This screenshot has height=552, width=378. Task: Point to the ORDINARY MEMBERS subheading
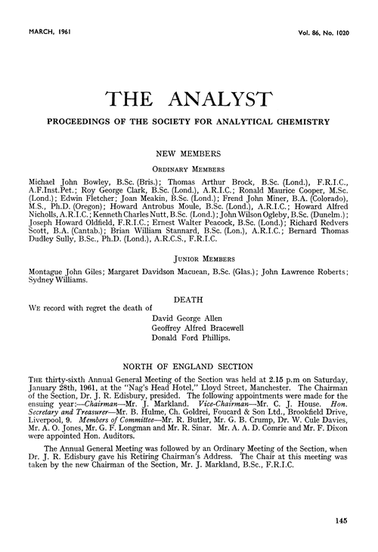[188, 170]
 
